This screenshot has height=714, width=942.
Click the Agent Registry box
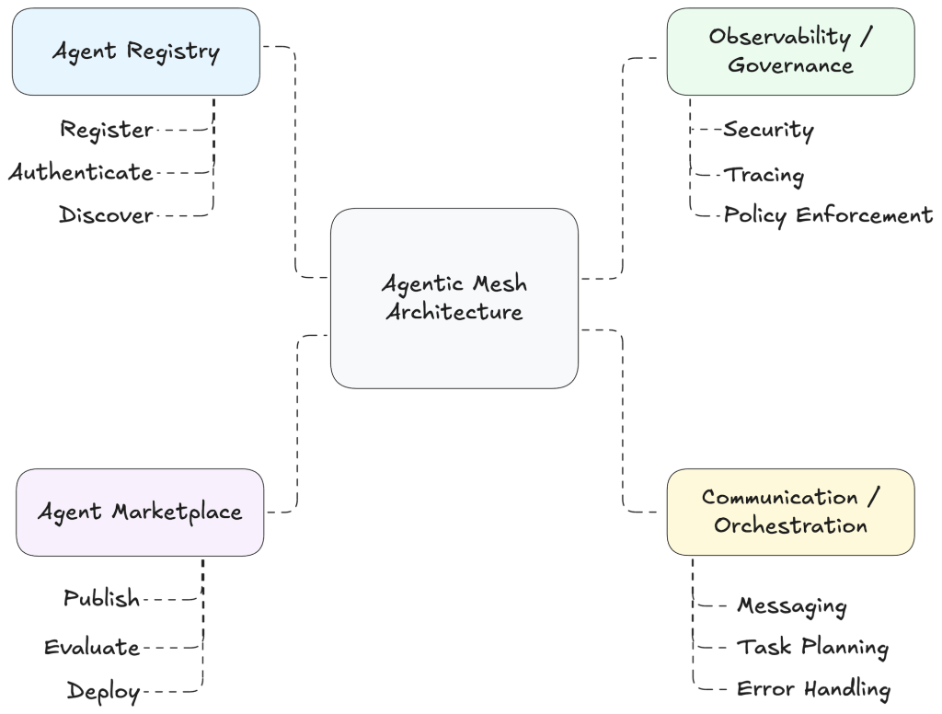click(x=135, y=52)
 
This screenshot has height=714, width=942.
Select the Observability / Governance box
click(x=790, y=52)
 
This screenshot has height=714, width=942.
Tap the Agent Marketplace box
click(x=140, y=512)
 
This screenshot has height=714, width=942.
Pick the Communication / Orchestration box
click(x=790, y=512)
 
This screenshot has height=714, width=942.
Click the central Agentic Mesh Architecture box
click(x=454, y=297)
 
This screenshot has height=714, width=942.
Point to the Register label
click(x=107, y=130)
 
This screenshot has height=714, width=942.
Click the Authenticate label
click(x=81, y=172)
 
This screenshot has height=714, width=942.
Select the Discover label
click(x=106, y=216)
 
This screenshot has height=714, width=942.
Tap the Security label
click(x=768, y=130)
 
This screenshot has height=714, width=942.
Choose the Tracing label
click(x=764, y=174)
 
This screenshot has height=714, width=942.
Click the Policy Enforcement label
click(x=828, y=216)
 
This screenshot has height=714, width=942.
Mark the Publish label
click(x=102, y=599)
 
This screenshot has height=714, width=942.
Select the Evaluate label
click(x=92, y=648)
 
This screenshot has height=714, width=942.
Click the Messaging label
click(x=791, y=605)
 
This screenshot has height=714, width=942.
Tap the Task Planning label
click(x=812, y=648)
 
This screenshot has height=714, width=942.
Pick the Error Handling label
click(x=813, y=689)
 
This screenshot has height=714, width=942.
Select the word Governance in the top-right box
click(x=790, y=65)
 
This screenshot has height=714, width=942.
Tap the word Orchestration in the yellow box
click(x=790, y=526)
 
